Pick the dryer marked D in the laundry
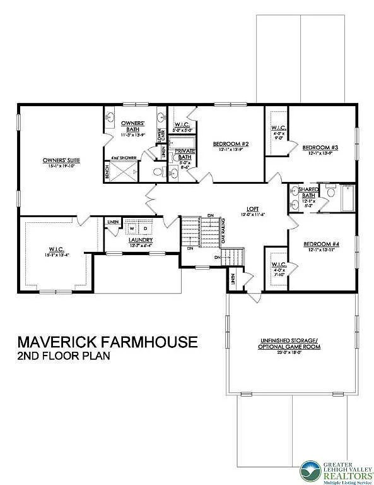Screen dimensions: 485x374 point(146,228)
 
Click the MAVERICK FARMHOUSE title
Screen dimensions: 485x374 point(107,342)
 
